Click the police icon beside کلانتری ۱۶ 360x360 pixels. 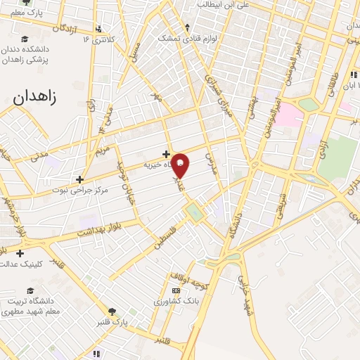pos(98,30)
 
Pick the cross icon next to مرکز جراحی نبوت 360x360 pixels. pos(80,179)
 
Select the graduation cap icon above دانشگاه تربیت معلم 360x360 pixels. pos(30,290)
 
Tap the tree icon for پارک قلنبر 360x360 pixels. pos(112,311)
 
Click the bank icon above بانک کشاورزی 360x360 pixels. pos(176,290)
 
